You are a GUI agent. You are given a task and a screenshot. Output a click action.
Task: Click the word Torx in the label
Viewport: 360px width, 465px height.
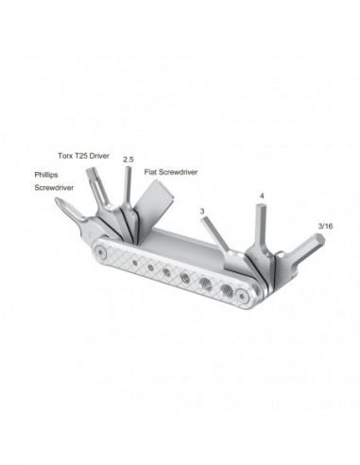click(62, 153)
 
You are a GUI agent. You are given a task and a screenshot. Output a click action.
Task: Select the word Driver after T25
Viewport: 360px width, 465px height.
click(101, 153)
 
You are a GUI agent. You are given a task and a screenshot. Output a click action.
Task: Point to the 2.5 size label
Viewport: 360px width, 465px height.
click(129, 161)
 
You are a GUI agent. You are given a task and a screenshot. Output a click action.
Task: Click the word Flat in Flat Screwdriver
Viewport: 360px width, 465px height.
click(152, 173)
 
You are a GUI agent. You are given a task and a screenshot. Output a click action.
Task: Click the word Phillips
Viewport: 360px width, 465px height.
click(48, 174)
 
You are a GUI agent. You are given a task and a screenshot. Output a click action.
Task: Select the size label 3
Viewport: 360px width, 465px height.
click(202, 212)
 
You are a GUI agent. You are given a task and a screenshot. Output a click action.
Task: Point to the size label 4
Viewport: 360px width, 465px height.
click(262, 197)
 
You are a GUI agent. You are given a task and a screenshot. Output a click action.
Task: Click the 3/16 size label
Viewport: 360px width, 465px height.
click(326, 226)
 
